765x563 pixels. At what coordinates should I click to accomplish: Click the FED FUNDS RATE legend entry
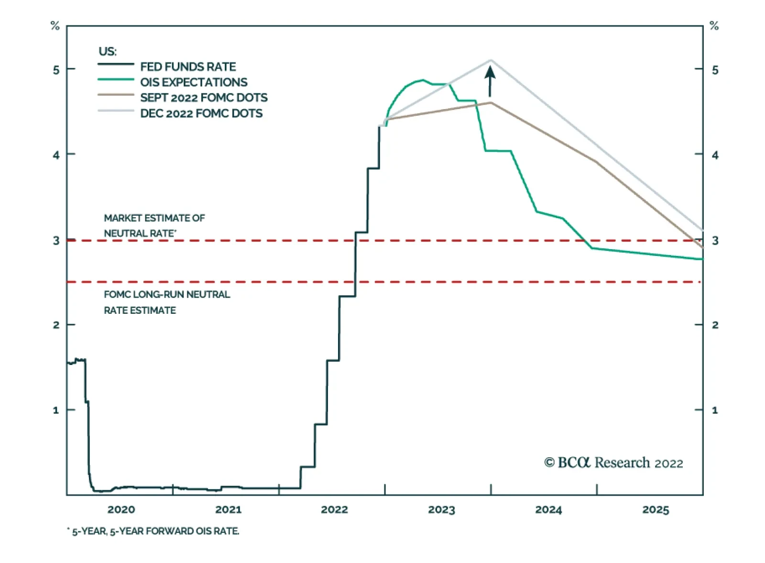point(187,66)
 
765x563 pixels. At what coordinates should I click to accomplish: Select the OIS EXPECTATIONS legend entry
point(194,82)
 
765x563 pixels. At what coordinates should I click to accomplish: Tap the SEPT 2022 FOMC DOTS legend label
point(204,98)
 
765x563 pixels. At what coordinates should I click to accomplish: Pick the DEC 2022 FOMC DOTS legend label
point(201,113)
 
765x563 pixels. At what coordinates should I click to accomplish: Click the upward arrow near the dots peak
point(490,81)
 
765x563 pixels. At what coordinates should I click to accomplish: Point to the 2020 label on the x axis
point(121,509)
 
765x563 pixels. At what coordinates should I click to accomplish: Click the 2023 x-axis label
point(441,509)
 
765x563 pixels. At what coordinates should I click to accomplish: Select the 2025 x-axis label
point(656,509)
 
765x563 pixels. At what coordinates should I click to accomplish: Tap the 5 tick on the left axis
point(56,70)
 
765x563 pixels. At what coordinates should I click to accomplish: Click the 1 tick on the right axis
point(715,410)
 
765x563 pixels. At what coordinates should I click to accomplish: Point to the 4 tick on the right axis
point(715,155)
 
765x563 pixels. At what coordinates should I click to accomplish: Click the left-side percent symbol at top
point(55,26)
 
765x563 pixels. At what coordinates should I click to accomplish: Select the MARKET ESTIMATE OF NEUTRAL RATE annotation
point(154,225)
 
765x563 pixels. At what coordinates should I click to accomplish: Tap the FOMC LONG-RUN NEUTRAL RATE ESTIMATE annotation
point(166,302)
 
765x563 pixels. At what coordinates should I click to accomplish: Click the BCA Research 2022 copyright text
point(613,463)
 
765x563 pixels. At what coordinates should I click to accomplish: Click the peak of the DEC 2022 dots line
point(491,60)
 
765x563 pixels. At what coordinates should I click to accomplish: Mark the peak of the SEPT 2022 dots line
point(491,102)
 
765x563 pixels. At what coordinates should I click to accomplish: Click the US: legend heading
point(108,51)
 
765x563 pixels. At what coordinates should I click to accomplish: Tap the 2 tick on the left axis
point(56,325)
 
